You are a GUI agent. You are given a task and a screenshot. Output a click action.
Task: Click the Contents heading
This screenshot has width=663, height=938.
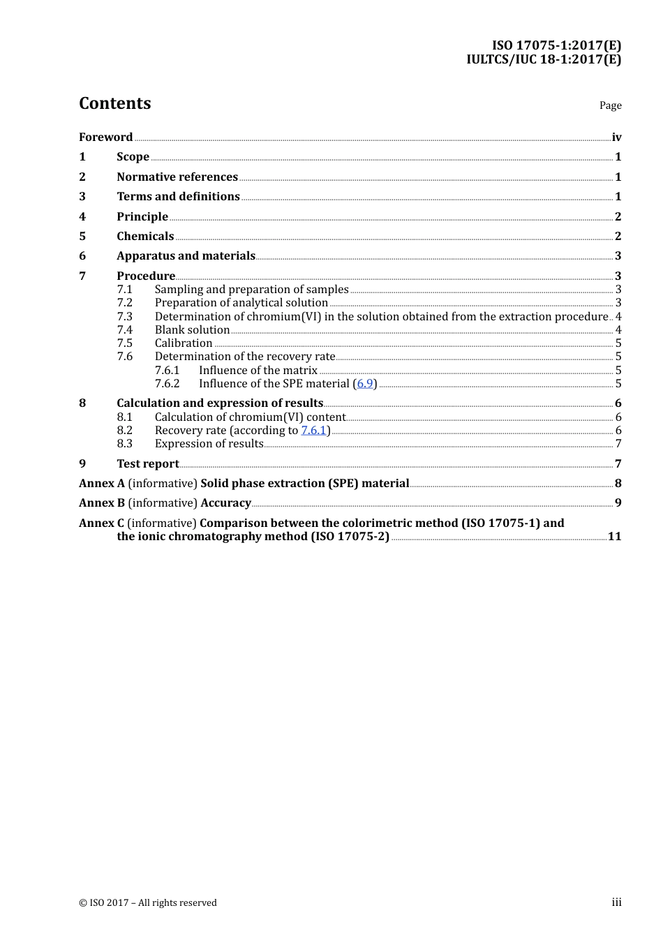click(x=114, y=103)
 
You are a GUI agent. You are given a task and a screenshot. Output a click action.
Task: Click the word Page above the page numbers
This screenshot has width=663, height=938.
click(x=610, y=105)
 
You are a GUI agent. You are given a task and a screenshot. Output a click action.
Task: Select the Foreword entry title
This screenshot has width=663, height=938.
click(x=105, y=137)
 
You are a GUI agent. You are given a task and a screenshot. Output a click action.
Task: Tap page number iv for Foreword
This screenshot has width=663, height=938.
click(x=616, y=137)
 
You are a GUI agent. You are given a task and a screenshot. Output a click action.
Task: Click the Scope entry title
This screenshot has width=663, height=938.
click(x=133, y=157)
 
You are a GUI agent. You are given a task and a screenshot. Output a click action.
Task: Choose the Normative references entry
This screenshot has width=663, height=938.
click(x=177, y=177)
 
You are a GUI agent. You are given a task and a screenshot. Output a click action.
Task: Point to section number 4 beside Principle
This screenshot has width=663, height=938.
click(x=82, y=216)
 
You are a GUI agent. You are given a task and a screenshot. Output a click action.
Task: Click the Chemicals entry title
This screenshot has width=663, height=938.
click(x=145, y=236)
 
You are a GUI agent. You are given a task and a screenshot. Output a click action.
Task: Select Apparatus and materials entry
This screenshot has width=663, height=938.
click(x=186, y=256)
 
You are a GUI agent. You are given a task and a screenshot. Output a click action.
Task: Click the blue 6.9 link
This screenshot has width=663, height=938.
click(x=365, y=384)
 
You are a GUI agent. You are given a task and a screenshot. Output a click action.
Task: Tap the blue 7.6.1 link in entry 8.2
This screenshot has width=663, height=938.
click(x=314, y=431)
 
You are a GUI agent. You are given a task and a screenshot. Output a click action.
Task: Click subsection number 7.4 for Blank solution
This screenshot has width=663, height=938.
click(x=124, y=330)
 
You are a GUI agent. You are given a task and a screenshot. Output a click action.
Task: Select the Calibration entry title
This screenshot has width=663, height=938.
click(x=184, y=343)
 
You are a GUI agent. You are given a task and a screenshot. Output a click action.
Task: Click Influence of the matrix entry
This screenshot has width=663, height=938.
click(x=258, y=371)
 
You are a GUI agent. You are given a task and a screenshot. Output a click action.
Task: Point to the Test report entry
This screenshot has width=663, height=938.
click(x=147, y=464)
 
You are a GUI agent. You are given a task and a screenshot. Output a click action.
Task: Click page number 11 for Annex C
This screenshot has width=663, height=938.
click(x=614, y=537)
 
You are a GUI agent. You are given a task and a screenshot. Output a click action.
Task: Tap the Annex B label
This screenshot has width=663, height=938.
click(x=102, y=503)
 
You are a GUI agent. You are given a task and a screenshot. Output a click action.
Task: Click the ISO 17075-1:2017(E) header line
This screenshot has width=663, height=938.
click(x=556, y=46)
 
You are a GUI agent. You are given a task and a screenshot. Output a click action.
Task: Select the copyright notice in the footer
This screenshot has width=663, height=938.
click(x=148, y=903)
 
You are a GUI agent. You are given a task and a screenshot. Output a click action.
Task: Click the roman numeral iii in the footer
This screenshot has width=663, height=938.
click(x=616, y=902)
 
